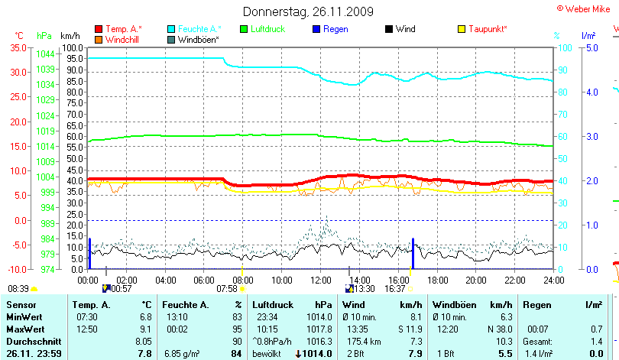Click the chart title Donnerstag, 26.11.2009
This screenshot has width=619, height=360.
point(308,11)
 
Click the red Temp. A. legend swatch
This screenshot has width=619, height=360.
point(99,29)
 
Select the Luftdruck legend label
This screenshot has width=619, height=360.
point(267,29)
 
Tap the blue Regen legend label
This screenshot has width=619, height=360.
point(335,29)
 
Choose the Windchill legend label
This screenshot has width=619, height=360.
point(122,39)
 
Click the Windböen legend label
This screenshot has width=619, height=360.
point(199,39)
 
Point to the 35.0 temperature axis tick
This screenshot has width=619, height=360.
point(18,47)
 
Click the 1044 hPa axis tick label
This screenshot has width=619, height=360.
point(45,54)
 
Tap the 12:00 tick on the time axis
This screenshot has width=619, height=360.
point(321,281)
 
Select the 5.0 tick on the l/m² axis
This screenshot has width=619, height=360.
point(591,47)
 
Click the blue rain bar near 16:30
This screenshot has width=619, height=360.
point(413,253)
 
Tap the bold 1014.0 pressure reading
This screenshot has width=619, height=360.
point(316,354)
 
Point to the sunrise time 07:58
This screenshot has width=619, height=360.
point(227,289)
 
